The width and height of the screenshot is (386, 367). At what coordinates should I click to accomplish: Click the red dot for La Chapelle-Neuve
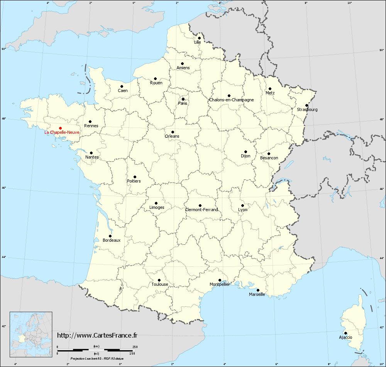point(60,128)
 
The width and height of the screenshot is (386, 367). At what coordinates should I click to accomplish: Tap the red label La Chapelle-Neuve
point(62,132)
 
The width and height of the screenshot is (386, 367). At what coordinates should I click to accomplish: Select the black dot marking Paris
point(183,99)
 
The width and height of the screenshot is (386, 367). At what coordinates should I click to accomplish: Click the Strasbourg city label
point(307,109)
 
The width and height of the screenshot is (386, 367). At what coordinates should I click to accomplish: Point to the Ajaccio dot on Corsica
point(345,333)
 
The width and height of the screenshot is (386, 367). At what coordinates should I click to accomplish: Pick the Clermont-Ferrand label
point(201,210)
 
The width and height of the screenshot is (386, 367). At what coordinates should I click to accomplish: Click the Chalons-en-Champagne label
point(232,100)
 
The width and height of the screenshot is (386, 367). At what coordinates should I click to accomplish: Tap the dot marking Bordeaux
point(110,236)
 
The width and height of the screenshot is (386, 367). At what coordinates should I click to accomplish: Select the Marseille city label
point(257,294)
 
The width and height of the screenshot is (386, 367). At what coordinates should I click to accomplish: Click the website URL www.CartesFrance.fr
point(97,335)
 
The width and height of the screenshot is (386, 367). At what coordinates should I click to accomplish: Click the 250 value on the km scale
point(135,347)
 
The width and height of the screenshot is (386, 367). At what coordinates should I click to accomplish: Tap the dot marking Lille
point(199,38)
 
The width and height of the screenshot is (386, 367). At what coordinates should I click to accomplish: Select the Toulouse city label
point(160,284)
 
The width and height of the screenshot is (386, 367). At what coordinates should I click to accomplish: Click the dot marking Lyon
point(242,205)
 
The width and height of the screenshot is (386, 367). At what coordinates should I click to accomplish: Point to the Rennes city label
point(91,126)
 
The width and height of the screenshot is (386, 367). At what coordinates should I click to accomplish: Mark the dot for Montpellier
point(220,280)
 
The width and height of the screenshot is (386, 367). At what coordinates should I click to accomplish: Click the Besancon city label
point(269,158)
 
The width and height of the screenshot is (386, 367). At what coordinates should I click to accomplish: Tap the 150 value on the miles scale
point(132,353)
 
